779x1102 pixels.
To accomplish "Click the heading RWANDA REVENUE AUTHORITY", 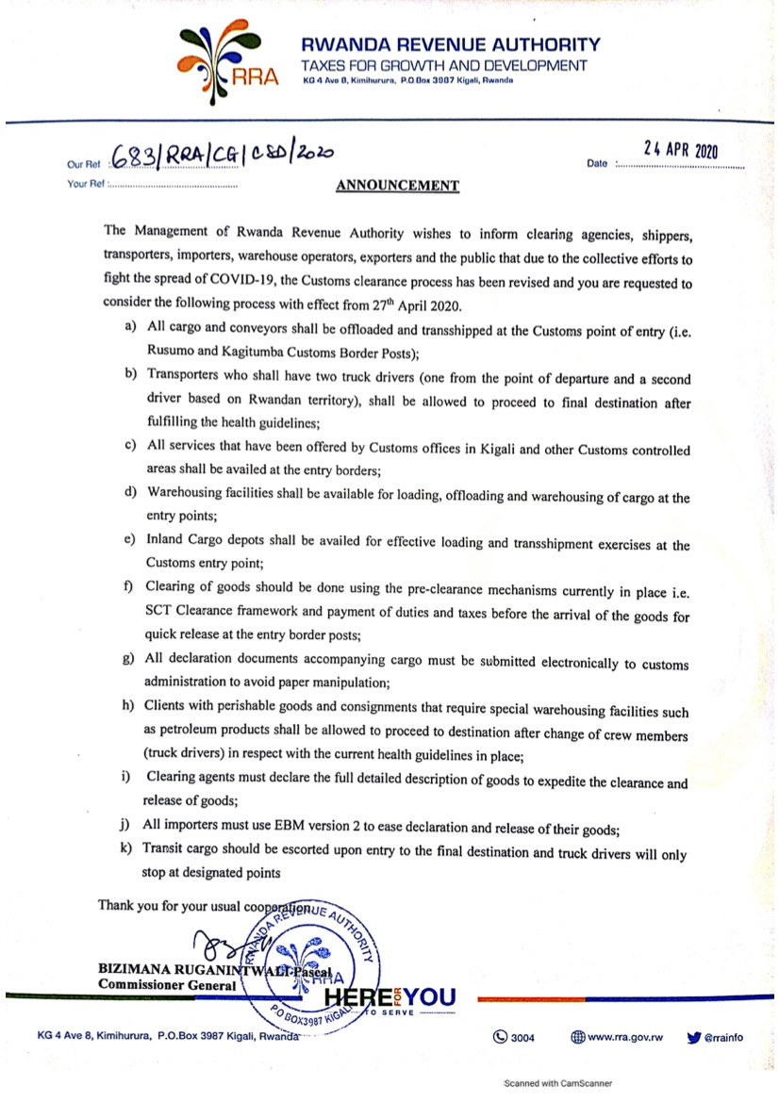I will pyautogui.click(x=450, y=44).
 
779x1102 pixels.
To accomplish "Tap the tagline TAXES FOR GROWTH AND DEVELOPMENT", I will pyautogui.click(x=443, y=66).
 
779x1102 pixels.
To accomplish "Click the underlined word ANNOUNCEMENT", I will pyautogui.click(x=397, y=186).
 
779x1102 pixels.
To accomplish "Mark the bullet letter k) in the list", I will pyautogui.click(x=125, y=847).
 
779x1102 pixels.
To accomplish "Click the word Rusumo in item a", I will pyautogui.click(x=171, y=353).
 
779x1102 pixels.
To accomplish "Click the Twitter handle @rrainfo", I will pyautogui.click(x=723, y=1037).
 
